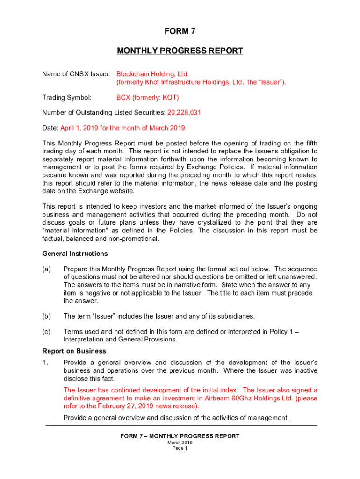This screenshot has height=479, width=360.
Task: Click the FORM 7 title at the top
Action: coord(180,32)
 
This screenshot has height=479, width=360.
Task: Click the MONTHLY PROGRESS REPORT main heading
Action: coord(180,51)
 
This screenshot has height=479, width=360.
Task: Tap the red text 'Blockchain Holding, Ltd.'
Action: coord(152,74)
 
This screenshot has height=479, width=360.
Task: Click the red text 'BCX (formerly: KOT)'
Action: coord(147,97)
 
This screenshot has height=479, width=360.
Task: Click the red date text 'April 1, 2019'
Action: coord(80,128)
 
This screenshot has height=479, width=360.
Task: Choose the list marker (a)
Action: coord(47,269)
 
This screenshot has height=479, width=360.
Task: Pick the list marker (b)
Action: coord(47,316)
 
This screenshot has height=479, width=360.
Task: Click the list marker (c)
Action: coord(47,332)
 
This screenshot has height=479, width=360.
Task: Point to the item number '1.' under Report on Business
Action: coord(45,363)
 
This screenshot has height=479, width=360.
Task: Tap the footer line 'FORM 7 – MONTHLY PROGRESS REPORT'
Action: coord(180,436)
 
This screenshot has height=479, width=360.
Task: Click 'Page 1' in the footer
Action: coord(180,448)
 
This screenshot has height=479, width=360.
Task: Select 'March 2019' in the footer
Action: coord(180,443)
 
